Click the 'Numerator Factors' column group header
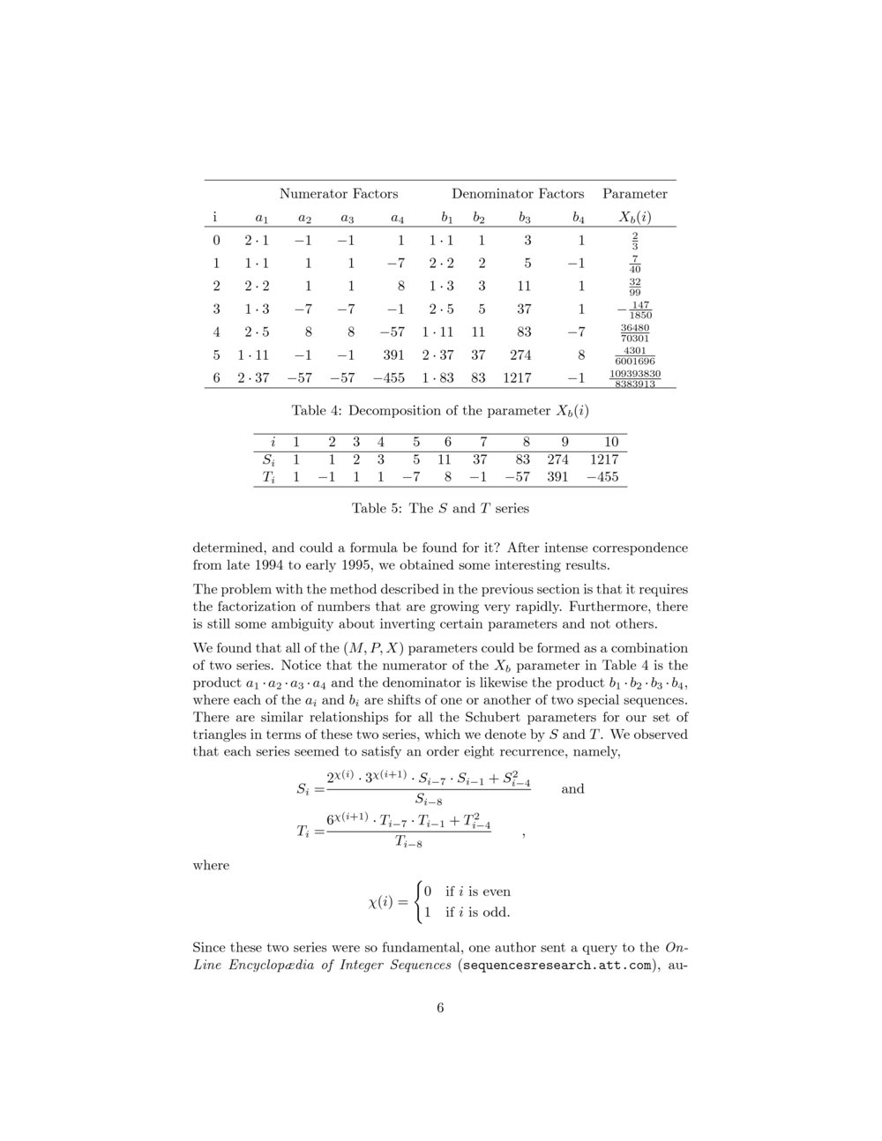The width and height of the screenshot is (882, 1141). (x=339, y=193)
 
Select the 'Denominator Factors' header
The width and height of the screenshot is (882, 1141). (x=518, y=193)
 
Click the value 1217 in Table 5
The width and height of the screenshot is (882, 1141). (x=605, y=459)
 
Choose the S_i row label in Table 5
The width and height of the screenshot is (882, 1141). (x=269, y=459)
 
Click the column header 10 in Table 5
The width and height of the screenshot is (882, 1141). (x=610, y=442)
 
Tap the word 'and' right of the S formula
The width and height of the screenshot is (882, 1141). (x=572, y=788)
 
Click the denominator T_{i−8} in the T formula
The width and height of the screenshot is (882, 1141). (x=408, y=843)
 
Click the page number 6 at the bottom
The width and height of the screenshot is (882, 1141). (x=440, y=1008)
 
